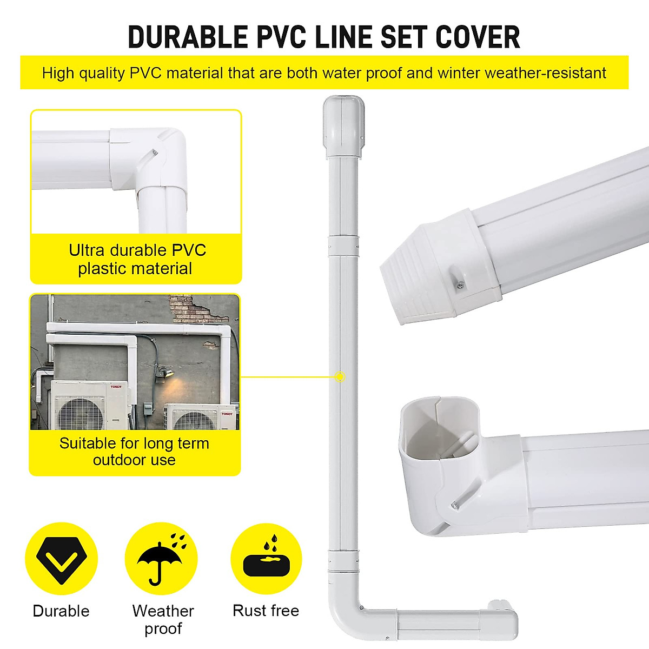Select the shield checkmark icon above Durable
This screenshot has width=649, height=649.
point(61,559)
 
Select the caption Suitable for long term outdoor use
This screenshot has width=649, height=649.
point(134,451)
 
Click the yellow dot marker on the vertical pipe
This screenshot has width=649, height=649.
point(339,376)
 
